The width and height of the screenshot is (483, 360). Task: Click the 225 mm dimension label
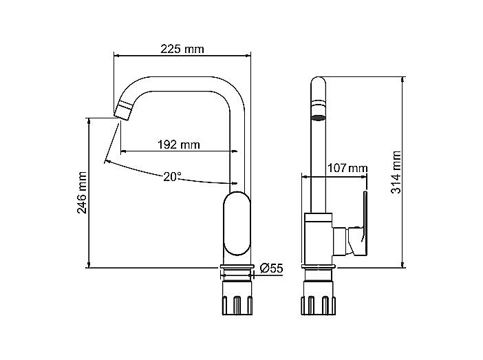click(x=182, y=49)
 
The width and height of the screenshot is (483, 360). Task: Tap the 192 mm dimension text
click(x=179, y=145)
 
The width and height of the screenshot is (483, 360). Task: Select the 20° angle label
click(x=172, y=177)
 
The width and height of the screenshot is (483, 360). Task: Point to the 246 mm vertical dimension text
click(x=82, y=193)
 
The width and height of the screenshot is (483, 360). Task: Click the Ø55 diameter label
click(x=271, y=268)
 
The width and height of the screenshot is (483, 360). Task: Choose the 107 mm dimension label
click(x=347, y=168)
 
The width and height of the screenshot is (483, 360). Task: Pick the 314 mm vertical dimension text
click(x=396, y=172)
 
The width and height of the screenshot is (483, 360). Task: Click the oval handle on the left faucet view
click(x=237, y=223)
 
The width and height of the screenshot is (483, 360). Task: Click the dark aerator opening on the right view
click(x=319, y=118)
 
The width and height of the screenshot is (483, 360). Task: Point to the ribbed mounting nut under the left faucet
click(x=237, y=305)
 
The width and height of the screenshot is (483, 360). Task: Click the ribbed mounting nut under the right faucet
click(x=318, y=305)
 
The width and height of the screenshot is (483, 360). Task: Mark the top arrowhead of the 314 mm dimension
click(x=402, y=80)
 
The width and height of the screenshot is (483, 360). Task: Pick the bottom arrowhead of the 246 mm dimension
click(x=89, y=264)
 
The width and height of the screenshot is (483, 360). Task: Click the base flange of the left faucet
click(x=237, y=266)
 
